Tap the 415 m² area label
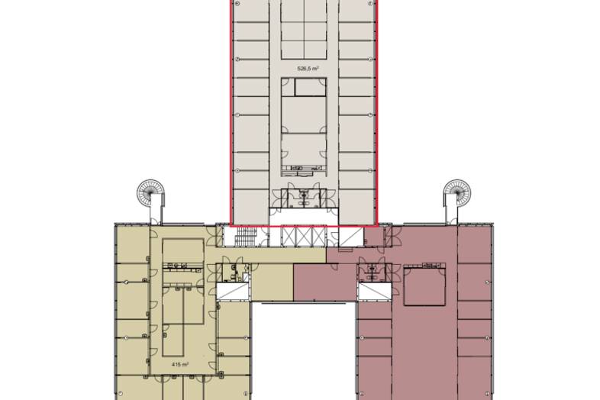(x=180, y=364)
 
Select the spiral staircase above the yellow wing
(x=147, y=191)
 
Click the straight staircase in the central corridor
(x=244, y=237)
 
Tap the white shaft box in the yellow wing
(x=233, y=292)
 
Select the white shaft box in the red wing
(x=375, y=292)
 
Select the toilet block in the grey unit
(x=304, y=197)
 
